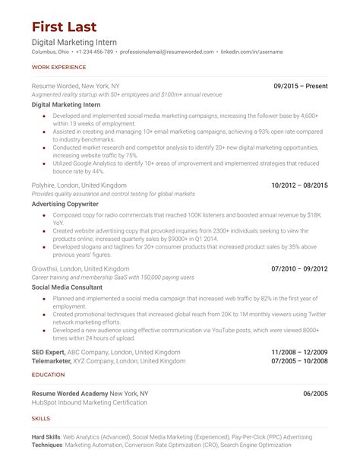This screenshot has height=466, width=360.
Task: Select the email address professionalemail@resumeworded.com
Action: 166,52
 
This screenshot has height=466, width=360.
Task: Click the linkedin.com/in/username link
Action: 251,52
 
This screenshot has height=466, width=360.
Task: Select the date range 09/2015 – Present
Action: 300,87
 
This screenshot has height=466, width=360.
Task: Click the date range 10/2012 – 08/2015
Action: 299,185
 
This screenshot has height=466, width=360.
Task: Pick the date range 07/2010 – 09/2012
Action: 299,268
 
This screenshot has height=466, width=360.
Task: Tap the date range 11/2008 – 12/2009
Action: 299,352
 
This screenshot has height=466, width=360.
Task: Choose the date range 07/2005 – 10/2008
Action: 299,361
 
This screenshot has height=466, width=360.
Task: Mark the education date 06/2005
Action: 315,393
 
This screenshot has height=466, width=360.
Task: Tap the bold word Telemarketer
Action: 52,361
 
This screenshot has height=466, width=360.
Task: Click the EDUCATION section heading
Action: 47,375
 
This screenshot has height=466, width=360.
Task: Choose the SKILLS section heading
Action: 41,418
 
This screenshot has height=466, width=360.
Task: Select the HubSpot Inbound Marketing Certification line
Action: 89,402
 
